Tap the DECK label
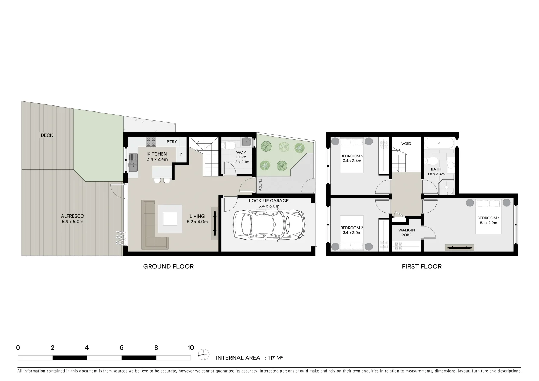coord(47,135)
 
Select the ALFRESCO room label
coord(72,216)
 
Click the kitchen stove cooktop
coord(151,142)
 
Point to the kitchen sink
coord(133,162)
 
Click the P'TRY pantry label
coord(172,142)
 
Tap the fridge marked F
coord(181,155)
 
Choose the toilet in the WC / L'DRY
coord(229,145)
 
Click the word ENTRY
coord(260,185)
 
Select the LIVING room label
coord(197,216)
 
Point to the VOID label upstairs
coord(406,144)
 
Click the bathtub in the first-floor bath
coord(439,143)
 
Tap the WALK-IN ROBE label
coord(406,232)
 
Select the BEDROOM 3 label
coord(352,228)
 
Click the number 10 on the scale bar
coord(190,348)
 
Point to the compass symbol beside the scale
coord(203,354)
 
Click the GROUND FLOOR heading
coord(168,267)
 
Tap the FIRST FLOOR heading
coord(422,267)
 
